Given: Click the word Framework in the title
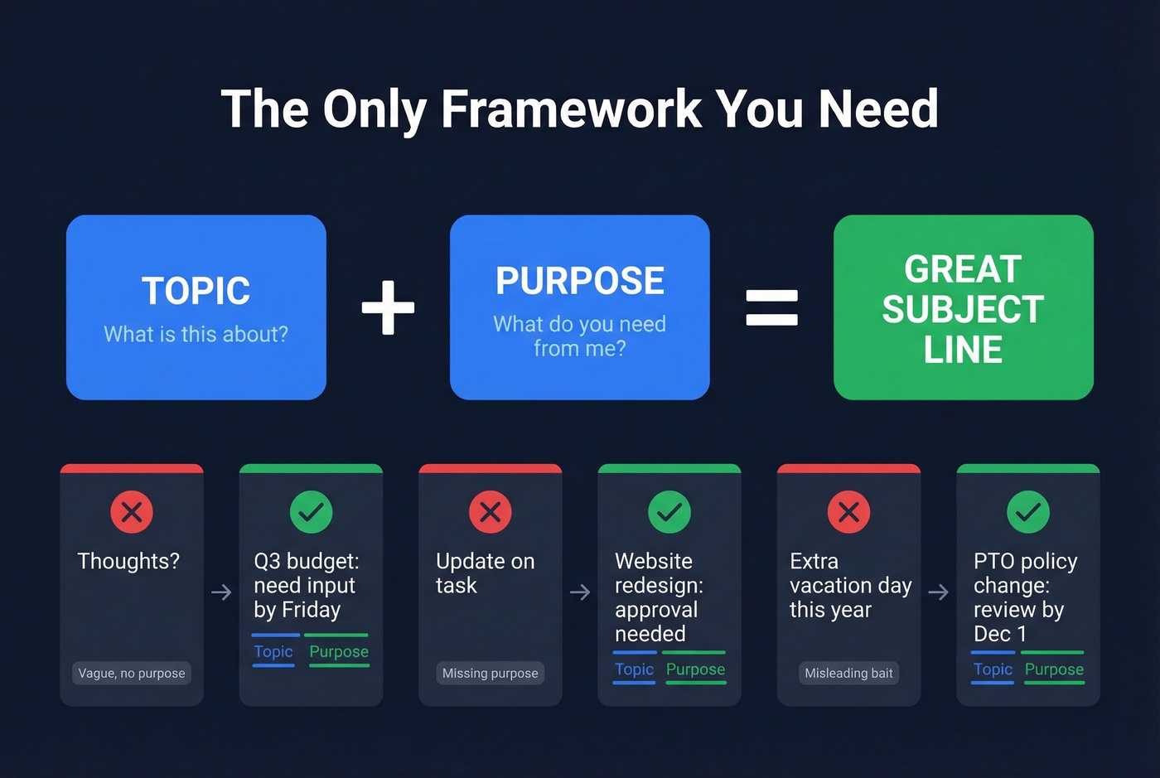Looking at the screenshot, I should point(572,109).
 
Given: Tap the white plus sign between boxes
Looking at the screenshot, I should point(388,307).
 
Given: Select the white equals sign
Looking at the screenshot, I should point(771,307).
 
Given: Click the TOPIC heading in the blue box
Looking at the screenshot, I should point(196,291).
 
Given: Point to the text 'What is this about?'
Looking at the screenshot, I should point(196,334).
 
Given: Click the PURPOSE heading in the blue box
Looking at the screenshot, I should point(579,281).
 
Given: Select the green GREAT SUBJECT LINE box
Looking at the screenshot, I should point(963,307).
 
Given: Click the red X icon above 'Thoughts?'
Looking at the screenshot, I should point(132,512).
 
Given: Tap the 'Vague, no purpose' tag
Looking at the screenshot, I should point(132,673).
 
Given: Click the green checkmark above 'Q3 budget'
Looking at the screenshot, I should point(311,512).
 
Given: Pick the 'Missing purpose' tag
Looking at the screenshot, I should point(490,673).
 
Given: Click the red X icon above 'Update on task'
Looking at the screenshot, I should point(490,512).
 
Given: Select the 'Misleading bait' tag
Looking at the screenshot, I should point(848,673).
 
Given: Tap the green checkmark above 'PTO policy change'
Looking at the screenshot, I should point(1027,512).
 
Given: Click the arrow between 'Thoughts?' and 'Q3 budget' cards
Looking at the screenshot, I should point(221,592).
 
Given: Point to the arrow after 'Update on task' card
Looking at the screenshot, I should point(580,592).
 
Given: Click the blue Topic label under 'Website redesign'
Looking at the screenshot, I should point(634,669).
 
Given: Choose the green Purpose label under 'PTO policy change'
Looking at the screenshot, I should point(1054,669).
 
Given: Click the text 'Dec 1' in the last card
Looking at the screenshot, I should point(999,634).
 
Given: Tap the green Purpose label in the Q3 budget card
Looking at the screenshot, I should point(339,652).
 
